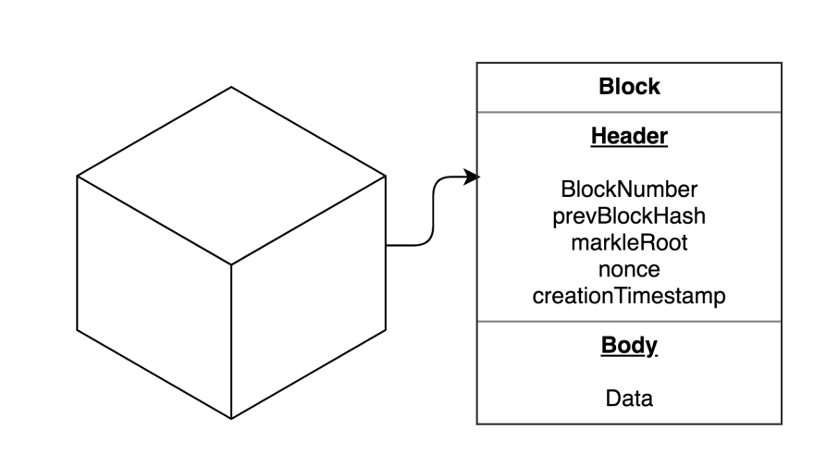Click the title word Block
pyautogui.click(x=629, y=87)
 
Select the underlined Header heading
pyautogui.click(x=629, y=136)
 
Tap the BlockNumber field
pyautogui.click(x=629, y=190)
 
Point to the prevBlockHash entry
pyautogui.click(x=629, y=216)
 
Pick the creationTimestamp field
pyautogui.click(x=629, y=296)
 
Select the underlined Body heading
pyautogui.click(x=629, y=346)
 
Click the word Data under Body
pyautogui.click(x=629, y=399)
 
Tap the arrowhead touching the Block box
pyautogui.click(x=473, y=177)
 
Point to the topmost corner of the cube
pyautogui.click(x=231, y=88)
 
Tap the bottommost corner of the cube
pyautogui.click(x=231, y=419)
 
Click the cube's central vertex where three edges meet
pyautogui.click(x=231, y=264)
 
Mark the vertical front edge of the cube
pyautogui.click(x=231, y=342)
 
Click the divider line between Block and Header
pyautogui.click(x=629, y=113)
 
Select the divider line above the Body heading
pyautogui.click(x=629, y=322)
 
